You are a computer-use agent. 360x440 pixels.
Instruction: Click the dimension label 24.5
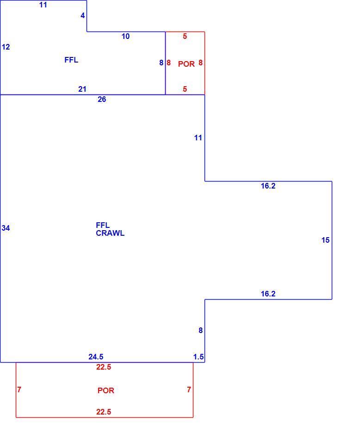pyautogui.click(x=96, y=357)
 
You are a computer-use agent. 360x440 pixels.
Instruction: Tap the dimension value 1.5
pyautogui.click(x=199, y=357)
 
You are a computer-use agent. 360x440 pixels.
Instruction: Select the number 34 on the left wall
pyautogui.click(x=6, y=228)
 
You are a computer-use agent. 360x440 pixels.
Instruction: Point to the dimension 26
pyautogui.click(x=102, y=99)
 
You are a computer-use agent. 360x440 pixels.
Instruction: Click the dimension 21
pyautogui.click(x=82, y=89)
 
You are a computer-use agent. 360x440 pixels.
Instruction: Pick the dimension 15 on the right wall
pyautogui.click(x=325, y=240)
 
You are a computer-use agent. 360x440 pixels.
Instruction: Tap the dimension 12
pyautogui.click(x=6, y=47)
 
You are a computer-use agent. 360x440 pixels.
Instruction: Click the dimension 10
pyautogui.click(x=125, y=36)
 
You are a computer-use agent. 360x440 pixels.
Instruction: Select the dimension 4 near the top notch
pyautogui.click(x=83, y=15)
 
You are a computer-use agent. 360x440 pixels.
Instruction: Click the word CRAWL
pyautogui.click(x=110, y=233)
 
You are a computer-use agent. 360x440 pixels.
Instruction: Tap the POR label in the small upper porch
pyautogui.click(x=186, y=64)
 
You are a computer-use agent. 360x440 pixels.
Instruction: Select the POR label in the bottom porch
pyautogui.click(x=106, y=390)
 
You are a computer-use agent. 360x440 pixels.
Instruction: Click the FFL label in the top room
pyautogui.click(x=71, y=60)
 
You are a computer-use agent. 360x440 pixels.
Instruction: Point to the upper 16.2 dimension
pyautogui.click(x=268, y=186)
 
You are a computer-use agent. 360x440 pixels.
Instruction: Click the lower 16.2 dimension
pyautogui.click(x=268, y=294)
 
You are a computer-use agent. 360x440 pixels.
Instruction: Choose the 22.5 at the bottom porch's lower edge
pyautogui.click(x=104, y=412)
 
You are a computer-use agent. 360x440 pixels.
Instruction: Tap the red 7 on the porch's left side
pyautogui.click(x=19, y=390)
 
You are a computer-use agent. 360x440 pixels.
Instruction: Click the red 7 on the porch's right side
pyautogui.click(x=189, y=390)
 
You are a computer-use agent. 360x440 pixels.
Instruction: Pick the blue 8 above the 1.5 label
pyautogui.click(x=200, y=330)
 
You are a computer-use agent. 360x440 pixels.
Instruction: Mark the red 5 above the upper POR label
pyautogui.click(x=185, y=36)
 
